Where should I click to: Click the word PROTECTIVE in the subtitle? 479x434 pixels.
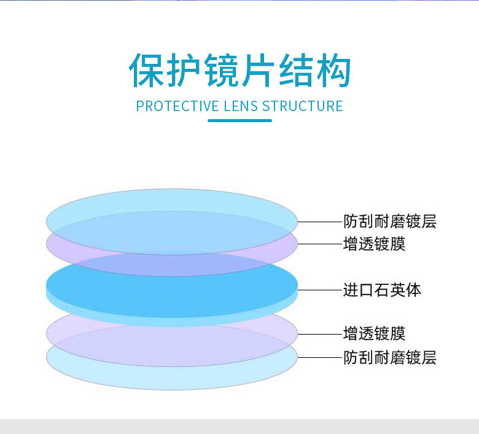point(177,106)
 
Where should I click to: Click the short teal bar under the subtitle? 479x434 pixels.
point(240,120)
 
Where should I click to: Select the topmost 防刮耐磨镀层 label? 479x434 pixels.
point(389,221)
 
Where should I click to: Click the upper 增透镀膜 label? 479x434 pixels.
point(374,244)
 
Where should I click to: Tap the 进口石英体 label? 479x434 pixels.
point(382,290)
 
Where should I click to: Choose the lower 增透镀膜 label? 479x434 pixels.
point(374,334)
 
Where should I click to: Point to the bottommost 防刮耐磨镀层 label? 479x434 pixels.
point(389,357)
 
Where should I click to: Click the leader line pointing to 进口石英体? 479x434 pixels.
point(319,289)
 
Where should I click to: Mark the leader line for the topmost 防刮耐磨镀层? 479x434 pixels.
point(319,221)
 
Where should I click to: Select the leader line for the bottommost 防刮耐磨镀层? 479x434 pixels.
point(319,357)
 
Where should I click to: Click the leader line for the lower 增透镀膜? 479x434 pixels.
point(319,334)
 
